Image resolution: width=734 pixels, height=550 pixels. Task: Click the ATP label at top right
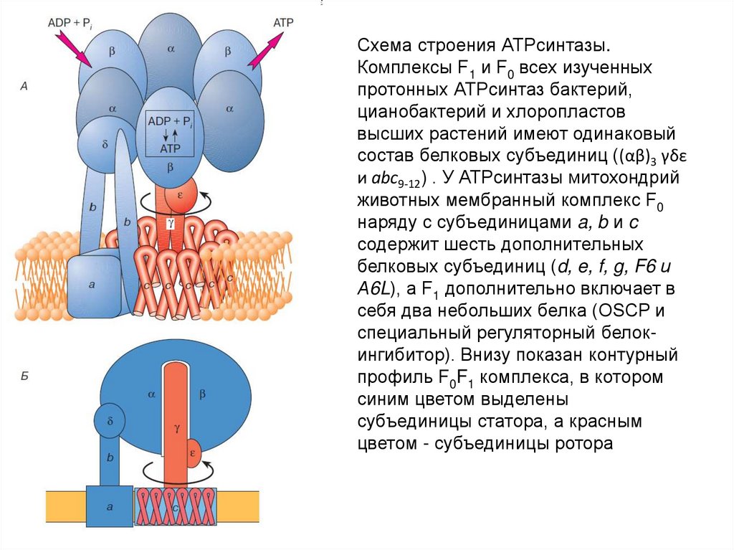(284, 22)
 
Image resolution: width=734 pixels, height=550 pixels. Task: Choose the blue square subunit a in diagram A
(92, 285)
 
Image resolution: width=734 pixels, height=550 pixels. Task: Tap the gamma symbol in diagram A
(171, 223)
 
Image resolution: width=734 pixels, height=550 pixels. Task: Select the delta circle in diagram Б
(110, 419)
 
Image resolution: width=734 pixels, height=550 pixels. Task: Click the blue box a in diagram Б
(110, 506)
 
